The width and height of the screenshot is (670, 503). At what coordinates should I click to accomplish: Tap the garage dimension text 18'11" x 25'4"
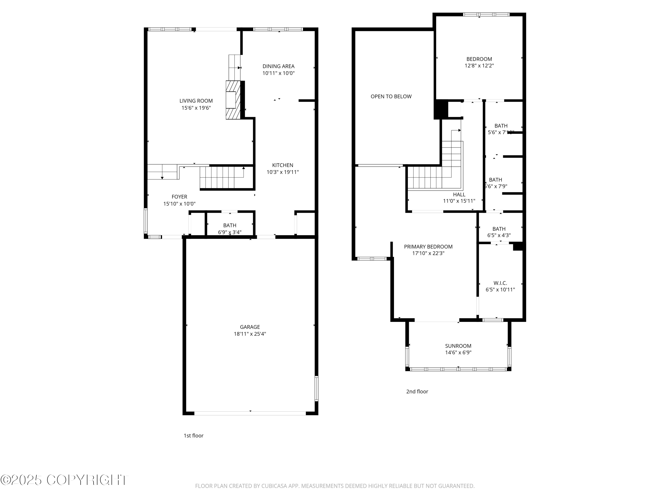click(x=250, y=334)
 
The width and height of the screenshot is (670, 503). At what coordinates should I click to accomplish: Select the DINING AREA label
click(x=278, y=66)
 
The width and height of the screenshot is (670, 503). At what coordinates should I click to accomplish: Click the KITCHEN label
click(x=282, y=165)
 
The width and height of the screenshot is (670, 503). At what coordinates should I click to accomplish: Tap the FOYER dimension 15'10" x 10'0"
click(x=179, y=204)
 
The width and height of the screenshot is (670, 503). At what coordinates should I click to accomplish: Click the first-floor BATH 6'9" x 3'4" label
click(x=230, y=226)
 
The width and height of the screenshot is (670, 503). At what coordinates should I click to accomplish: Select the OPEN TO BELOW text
click(x=391, y=96)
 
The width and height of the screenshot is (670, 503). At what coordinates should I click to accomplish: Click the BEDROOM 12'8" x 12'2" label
click(x=479, y=59)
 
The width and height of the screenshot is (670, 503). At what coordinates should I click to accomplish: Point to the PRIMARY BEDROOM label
click(x=428, y=247)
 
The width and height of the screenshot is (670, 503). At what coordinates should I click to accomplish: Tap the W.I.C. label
click(x=500, y=283)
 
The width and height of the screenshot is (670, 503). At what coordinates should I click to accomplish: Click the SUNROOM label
click(x=458, y=346)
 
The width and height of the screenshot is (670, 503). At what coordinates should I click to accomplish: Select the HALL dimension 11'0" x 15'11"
click(x=459, y=201)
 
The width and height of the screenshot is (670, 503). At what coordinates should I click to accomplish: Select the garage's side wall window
click(x=316, y=388)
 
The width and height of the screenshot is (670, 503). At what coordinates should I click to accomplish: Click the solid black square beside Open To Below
click(x=441, y=109)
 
